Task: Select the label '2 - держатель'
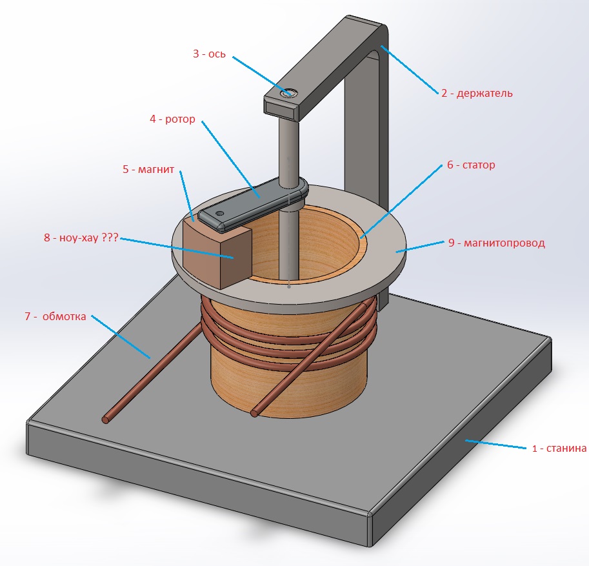coord(477,93)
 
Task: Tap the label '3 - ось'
coord(208,54)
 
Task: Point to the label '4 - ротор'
coord(172,119)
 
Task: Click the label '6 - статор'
coord(471,165)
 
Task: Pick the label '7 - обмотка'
coord(54,316)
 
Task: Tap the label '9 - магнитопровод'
coord(497,243)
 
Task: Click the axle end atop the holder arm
coord(288,94)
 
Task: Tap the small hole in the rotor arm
coord(220,212)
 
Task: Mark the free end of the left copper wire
coord(105,419)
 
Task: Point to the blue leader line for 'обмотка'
coord(120,336)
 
